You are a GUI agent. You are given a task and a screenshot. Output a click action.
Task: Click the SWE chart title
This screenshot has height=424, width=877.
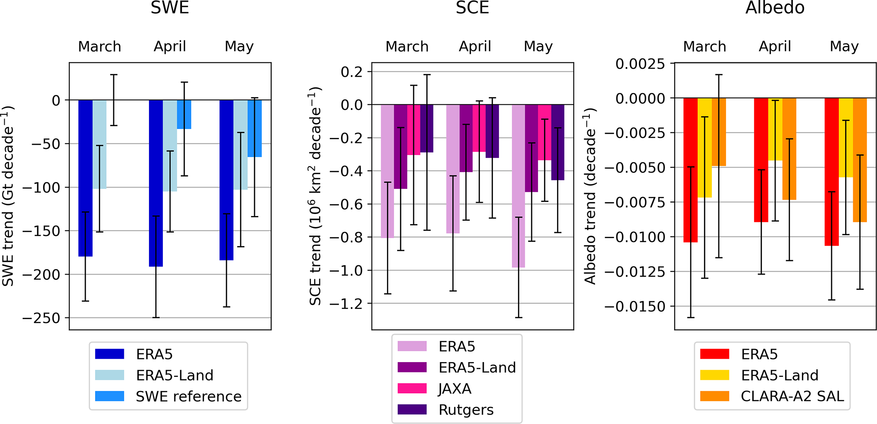coord(170,8)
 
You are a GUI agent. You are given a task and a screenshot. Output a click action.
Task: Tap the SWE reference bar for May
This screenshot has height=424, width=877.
coord(255,127)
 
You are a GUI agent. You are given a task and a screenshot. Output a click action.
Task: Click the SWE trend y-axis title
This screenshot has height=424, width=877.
coord(8,196)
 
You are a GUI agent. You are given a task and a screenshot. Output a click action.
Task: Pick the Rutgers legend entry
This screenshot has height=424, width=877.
coord(466,410)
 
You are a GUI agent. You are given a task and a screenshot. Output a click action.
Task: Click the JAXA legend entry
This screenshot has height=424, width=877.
coord(455,389)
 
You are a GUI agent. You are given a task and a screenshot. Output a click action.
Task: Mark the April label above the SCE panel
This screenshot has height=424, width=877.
coord(475,46)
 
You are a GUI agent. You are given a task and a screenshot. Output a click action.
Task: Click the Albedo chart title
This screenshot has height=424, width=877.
coord(775,8)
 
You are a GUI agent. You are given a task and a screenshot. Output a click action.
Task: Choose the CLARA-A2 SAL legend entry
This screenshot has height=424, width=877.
coord(792,396)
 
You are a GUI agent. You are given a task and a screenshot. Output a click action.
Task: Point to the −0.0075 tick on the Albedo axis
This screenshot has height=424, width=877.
coord(635,202)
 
